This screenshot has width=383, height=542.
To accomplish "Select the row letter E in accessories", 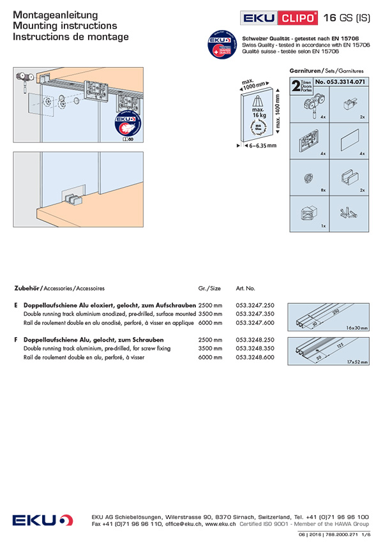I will [x=15, y=306].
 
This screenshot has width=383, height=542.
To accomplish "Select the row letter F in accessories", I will [x=15, y=340].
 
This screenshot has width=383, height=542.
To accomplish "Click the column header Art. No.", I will [x=246, y=289].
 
